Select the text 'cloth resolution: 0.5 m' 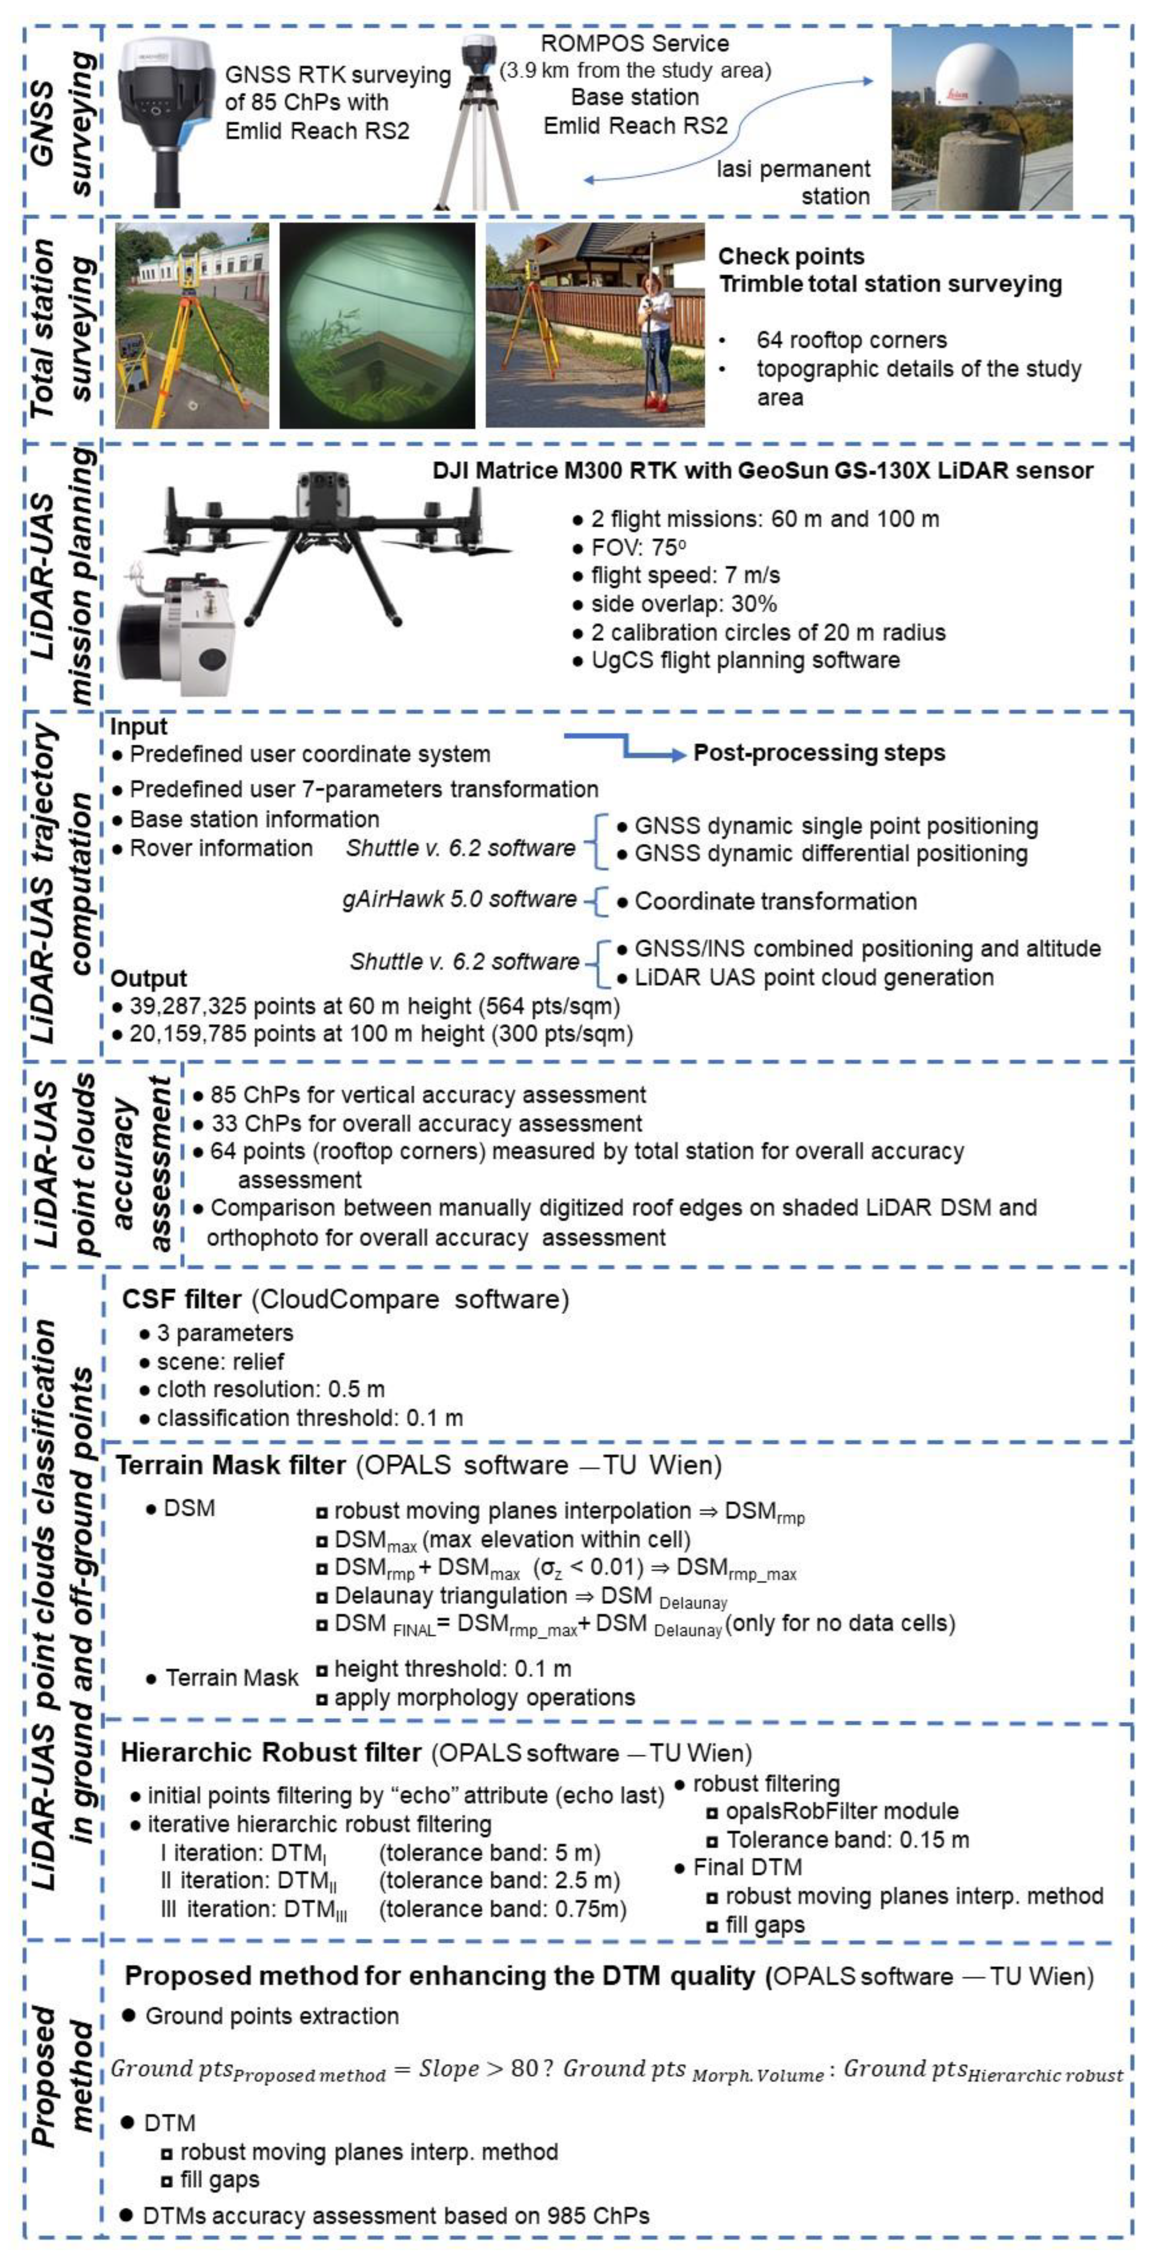(271, 1389)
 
